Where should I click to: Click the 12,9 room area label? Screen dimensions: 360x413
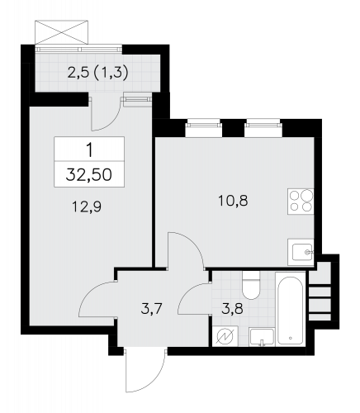click(x=87, y=206)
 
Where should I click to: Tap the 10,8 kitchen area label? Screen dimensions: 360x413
click(x=233, y=201)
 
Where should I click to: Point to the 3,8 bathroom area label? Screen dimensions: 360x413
click(x=233, y=309)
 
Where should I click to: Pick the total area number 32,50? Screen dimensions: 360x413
click(x=89, y=174)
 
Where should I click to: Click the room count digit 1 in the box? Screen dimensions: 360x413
click(x=89, y=151)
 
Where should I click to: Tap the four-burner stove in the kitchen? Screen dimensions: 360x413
click(x=301, y=202)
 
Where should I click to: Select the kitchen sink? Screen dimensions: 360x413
click(x=301, y=252)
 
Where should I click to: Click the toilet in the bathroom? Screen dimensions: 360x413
click(x=251, y=285)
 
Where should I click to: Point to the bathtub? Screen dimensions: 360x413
click(x=291, y=309)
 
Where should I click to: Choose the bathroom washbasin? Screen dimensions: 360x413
click(x=262, y=337)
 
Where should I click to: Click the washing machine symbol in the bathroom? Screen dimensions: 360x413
click(x=225, y=337)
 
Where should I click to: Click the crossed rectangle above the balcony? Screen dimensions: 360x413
click(x=62, y=32)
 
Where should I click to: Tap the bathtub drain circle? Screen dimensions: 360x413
click(x=291, y=338)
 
